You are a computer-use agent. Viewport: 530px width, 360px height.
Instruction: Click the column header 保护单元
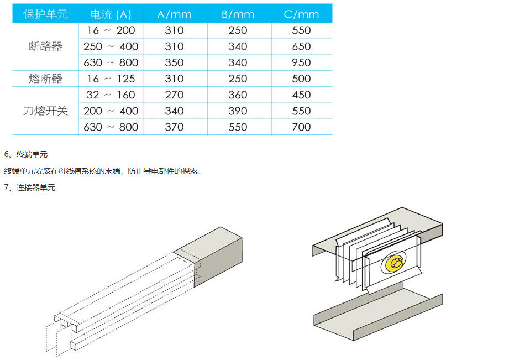coord(46,14)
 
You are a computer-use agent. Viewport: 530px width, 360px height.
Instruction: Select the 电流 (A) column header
coord(111,14)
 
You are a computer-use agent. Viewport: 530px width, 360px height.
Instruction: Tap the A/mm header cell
coord(175,14)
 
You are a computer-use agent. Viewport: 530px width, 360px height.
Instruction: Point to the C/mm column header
coord(301,14)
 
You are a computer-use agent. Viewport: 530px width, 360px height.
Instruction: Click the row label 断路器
coord(46,46)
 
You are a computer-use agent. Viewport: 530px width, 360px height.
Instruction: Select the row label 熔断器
coord(46,79)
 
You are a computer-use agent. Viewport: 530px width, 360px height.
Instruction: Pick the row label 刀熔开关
coord(46,111)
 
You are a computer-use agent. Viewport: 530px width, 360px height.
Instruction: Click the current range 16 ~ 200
coord(111,30)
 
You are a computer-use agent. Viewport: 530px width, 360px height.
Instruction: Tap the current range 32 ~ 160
coord(111,95)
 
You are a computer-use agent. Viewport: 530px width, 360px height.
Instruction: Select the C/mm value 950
coord(301,62)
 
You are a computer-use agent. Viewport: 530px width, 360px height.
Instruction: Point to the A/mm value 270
coord(175,95)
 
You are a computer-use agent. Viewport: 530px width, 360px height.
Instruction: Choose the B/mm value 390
coord(238,111)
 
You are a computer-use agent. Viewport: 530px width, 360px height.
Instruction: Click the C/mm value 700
coord(301,127)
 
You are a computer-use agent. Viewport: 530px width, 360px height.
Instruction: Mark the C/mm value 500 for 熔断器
coord(301,79)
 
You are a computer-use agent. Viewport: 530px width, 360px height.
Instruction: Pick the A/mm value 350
coord(175,62)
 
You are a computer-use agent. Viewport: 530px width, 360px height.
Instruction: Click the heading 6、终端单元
coord(25,155)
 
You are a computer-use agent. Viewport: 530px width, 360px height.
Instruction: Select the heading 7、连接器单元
coord(29,187)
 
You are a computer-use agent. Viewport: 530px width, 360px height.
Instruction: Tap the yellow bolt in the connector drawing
coord(394,263)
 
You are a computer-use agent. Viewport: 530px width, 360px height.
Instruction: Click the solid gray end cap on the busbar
coord(216,257)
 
